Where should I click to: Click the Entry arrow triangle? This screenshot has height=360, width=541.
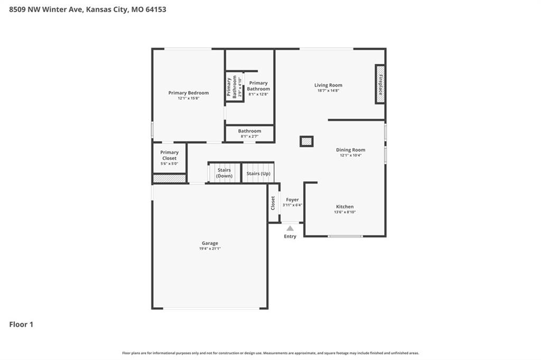pos(290,228)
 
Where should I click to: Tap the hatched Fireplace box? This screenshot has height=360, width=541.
pos(380,84)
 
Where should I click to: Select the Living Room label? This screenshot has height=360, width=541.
pos(328,85)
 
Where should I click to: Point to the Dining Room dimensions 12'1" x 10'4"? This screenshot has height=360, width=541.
pos(351,155)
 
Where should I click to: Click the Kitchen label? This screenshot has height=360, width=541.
pos(344,206)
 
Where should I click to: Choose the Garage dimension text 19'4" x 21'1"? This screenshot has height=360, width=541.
pos(210,248)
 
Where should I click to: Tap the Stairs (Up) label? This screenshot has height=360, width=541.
pos(258,174)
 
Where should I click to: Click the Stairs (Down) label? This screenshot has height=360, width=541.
pos(224,173)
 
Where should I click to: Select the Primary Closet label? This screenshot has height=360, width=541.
pos(170,155)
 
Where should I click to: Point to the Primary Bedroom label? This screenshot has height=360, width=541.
pos(189,93)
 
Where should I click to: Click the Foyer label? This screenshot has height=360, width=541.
pos(292,200)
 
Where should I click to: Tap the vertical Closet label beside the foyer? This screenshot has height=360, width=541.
pos(273,203)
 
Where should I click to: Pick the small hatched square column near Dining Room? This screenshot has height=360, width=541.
pos(306,141)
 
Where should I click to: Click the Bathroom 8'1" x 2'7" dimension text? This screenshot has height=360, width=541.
pos(249,136)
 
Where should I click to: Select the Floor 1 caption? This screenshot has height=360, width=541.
pos(21,325)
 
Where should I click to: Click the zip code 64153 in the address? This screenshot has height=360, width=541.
pos(156,10)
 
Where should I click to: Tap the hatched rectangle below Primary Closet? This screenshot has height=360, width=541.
pos(170,178)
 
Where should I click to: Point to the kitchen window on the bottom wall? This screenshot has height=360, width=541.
pos(345,236)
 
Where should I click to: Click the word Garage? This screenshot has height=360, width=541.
pos(210,243)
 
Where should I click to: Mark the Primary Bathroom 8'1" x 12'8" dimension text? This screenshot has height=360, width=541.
pos(258,94)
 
